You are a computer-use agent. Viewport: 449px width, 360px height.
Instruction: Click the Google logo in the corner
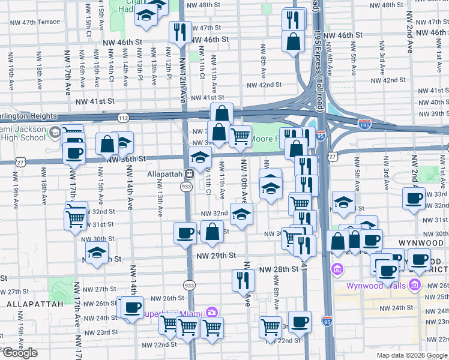coord(20,353)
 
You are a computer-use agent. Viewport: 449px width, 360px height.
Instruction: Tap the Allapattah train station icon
coord(188,174)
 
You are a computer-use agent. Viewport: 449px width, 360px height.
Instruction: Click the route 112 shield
coord(123,117)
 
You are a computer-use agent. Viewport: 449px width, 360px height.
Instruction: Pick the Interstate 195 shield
coord(364,124)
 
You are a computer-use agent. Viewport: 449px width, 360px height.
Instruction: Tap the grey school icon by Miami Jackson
coord(55,133)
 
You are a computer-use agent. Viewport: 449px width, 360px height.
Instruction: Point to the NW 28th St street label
coord(277,269)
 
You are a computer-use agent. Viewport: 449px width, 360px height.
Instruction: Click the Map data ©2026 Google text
coord(412,355)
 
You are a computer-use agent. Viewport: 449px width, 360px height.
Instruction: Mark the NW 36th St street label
coord(126,159)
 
